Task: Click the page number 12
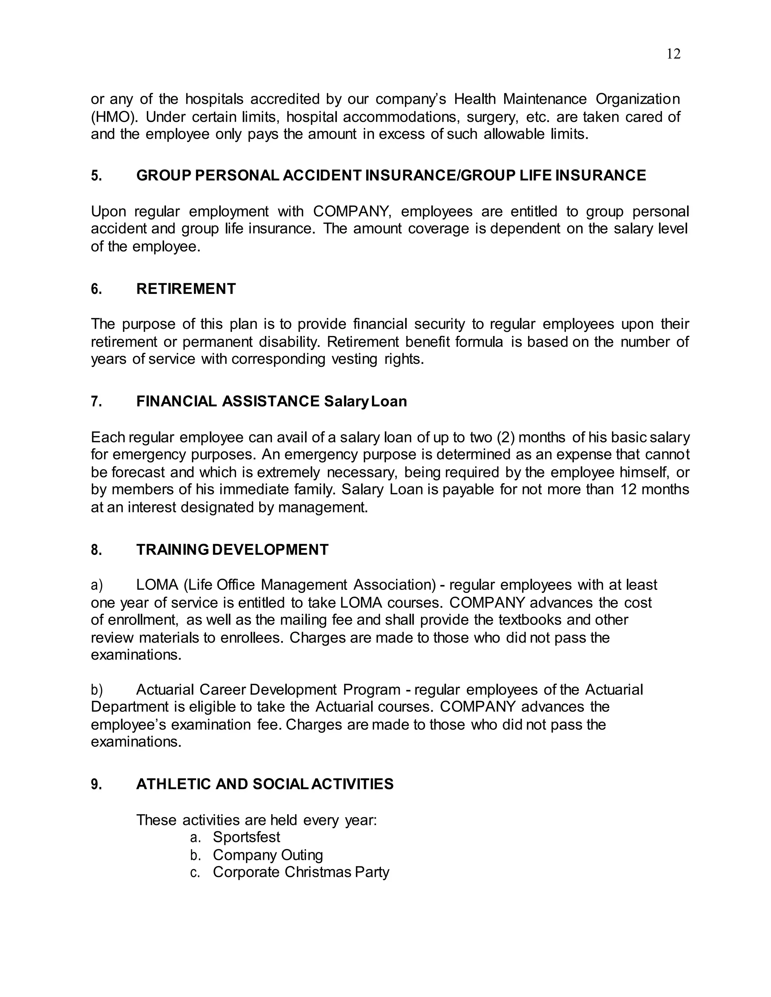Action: click(673, 54)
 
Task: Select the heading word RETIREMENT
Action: click(186, 289)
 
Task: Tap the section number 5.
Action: click(96, 176)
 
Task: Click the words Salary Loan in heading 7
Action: click(365, 402)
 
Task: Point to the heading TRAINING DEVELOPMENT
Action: click(232, 550)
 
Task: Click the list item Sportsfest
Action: click(246, 837)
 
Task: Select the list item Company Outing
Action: click(268, 855)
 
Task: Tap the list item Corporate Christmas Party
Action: click(300, 872)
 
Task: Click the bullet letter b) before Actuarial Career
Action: click(96, 689)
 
